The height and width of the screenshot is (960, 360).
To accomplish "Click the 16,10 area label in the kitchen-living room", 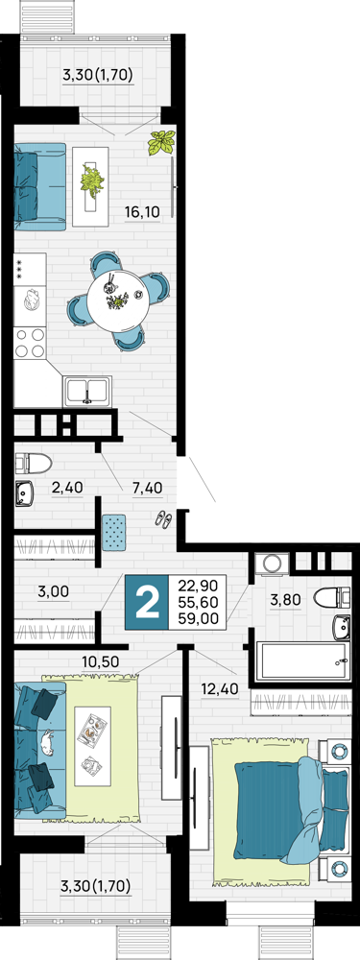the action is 142,212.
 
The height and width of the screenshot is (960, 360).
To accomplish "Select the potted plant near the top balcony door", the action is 161,143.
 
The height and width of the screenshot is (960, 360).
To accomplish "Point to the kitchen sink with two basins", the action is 87,390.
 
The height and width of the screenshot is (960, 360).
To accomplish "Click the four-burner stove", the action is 30,343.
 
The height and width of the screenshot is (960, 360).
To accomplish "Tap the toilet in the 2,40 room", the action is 32,463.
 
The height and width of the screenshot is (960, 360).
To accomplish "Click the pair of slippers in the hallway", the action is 163,519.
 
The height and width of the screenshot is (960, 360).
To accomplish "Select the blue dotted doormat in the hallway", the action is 114,532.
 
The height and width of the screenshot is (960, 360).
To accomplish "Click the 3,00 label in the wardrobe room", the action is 53,591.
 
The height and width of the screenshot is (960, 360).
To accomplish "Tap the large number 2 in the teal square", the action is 146,603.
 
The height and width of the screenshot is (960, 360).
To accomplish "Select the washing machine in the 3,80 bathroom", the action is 270,564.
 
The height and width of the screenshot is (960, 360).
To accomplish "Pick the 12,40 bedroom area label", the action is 219,690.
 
